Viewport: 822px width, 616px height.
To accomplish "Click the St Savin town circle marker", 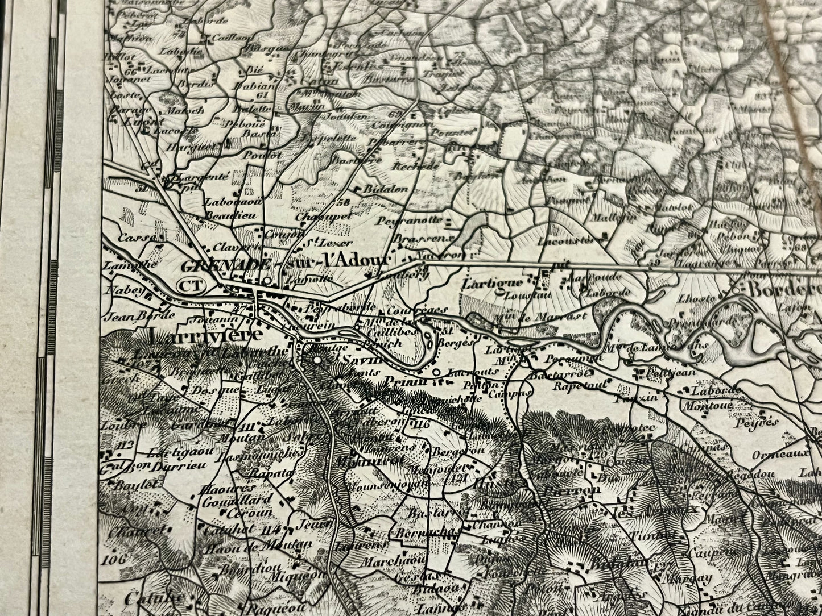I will (x=317, y=359).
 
